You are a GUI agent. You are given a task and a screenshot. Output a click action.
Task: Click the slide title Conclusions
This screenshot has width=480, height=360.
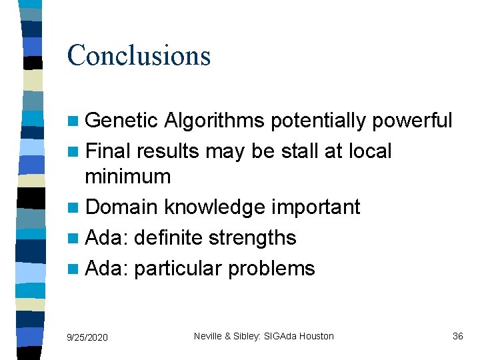point(139,55)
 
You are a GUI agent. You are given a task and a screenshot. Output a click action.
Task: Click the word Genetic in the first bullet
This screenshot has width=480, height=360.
point(122,121)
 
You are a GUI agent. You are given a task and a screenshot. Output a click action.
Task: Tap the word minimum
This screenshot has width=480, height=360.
point(128,177)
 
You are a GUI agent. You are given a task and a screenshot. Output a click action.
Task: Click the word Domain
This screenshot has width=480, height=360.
point(122,207)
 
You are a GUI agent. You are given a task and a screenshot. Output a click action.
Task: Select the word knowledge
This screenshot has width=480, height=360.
point(211,207)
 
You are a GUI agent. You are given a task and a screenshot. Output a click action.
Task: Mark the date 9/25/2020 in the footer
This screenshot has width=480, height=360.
point(87,337)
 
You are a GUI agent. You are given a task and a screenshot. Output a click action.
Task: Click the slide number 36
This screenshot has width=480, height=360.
point(457,336)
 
